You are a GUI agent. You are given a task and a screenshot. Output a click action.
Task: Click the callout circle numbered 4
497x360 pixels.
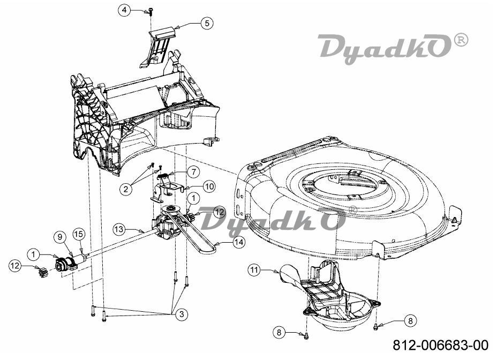(x=124, y=10)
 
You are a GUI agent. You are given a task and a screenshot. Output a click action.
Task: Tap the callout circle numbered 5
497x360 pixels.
(x=207, y=23)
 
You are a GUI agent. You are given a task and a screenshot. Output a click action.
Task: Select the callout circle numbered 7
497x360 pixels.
(x=193, y=172)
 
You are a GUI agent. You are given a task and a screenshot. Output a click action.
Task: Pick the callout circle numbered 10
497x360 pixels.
(x=209, y=186)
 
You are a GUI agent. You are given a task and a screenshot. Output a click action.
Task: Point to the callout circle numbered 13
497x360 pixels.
(x=119, y=229)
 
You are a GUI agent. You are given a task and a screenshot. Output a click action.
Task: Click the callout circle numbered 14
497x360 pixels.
(x=239, y=242)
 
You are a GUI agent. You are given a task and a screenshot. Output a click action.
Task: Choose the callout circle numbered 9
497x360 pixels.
(x=59, y=237)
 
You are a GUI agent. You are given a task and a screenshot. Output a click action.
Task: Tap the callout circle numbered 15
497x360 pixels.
(x=79, y=234)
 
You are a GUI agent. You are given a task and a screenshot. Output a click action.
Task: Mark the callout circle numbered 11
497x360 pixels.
(x=253, y=270)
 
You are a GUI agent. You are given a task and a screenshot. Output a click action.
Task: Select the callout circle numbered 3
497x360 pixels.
(x=182, y=314)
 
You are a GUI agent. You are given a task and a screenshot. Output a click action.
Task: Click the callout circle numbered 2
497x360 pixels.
(x=126, y=189)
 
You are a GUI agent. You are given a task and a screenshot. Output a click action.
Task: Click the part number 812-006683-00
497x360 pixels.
(x=441, y=345)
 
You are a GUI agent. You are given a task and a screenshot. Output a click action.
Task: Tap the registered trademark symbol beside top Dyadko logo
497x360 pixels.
(x=461, y=40)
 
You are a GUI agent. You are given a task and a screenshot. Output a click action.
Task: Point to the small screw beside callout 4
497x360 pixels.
(x=150, y=11)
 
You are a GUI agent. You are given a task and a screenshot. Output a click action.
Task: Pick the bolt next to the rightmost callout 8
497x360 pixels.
(x=376, y=326)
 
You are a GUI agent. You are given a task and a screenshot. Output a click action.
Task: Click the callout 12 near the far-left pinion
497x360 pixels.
(x=15, y=266)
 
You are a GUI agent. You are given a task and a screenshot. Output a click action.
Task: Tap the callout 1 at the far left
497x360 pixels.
(x=34, y=254)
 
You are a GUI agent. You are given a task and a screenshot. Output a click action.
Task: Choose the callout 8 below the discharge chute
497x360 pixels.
(x=279, y=332)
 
